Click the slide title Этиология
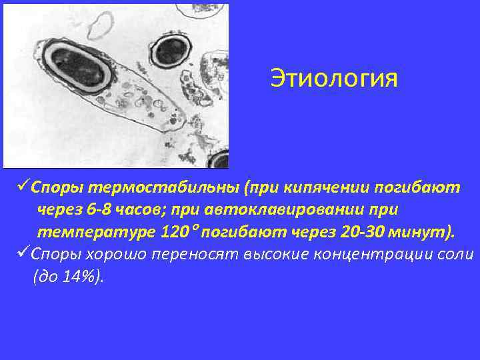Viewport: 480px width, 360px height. [x=333, y=79]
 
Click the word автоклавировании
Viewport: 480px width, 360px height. [x=273, y=211]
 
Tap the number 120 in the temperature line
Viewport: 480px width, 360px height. [x=175, y=233]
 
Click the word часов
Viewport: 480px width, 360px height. [x=141, y=211]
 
